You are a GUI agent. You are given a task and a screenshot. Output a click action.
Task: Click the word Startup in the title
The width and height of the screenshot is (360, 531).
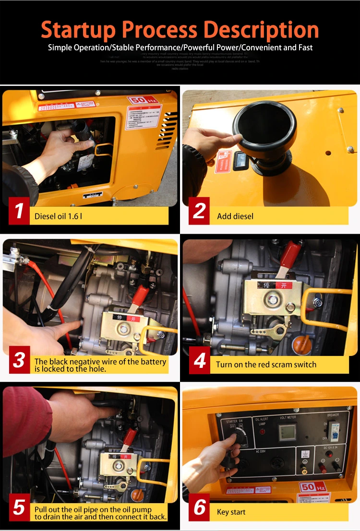[78, 30]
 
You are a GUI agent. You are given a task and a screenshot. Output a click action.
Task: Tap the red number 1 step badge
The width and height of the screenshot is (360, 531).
[19, 211]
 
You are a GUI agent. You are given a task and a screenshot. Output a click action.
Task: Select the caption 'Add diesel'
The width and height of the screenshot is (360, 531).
[235, 216]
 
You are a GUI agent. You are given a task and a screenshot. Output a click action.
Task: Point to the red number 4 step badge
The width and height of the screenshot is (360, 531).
[200, 360]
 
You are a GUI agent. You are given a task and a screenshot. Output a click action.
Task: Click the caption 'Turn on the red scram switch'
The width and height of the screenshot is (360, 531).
[266, 365]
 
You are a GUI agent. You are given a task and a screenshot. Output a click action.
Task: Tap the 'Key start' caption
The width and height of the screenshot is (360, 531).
[231, 512]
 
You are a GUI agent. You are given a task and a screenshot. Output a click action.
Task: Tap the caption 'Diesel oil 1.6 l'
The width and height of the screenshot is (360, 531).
[58, 216]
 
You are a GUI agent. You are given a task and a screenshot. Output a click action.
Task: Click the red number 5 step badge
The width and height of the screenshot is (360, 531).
[19, 507]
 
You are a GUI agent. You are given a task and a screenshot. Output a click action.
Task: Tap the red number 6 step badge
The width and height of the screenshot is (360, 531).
[200, 507]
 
